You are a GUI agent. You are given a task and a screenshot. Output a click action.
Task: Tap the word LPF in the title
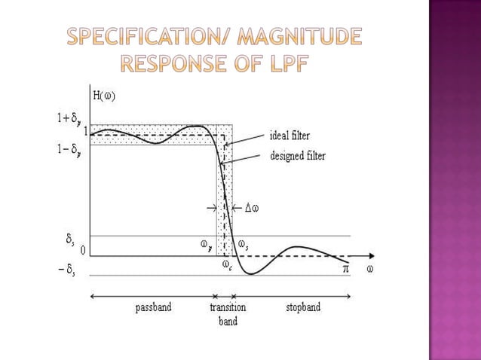click(283, 64)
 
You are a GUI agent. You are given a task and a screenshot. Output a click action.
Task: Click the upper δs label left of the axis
click(70, 239)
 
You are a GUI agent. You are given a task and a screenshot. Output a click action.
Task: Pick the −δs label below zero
click(67, 271)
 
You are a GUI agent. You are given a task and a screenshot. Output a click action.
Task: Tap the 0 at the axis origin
click(83, 250)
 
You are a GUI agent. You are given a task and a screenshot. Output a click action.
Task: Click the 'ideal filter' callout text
click(290, 136)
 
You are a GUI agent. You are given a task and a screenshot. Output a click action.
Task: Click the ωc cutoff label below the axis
click(226, 265)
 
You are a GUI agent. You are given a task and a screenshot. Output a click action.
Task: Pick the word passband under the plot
click(154, 307)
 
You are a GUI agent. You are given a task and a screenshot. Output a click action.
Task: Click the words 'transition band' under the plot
click(228, 314)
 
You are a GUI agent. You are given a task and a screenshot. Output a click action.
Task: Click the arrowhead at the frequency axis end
click(372, 256)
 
